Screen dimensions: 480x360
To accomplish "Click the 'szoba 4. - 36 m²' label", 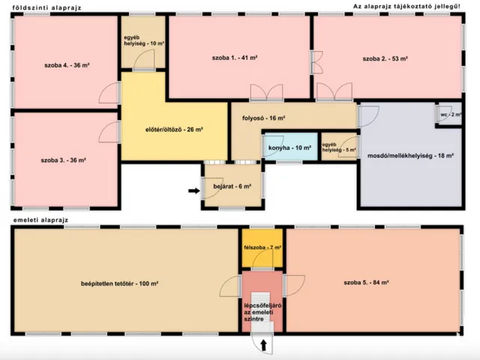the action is pyautogui.click(x=67, y=65).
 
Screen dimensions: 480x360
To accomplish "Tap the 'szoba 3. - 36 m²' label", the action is pyautogui.click(x=63, y=160).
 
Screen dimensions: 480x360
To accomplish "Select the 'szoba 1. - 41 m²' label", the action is pyautogui.click(x=235, y=58).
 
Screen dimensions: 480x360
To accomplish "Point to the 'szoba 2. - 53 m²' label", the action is pyautogui.click(x=385, y=58).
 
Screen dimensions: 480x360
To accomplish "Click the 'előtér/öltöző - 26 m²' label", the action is pyautogui.click(x=174, y=130).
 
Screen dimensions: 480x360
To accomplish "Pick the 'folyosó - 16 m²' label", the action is pyautogui.click(x=264, y=118).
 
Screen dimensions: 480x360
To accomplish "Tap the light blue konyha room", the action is pyautogui.click(x=290, y=147).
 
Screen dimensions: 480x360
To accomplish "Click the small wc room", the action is pyautogui.click(x=448, y=114).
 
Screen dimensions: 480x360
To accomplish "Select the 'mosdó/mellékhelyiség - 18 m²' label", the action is pyautogui.click(x=410, y=155).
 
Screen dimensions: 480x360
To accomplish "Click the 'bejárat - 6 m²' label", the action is pyautogui.click(x=232, y=186).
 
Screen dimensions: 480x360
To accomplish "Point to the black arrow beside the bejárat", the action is pyautogui.click(x=194, y=190).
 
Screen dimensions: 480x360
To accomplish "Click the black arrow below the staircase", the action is pyautogui.click(x=263, y=345).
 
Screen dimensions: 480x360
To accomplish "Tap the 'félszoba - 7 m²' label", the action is pyautogui.click(x=262, y=247).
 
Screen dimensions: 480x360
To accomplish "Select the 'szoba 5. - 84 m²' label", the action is pyautogui.click(x=366, y=282).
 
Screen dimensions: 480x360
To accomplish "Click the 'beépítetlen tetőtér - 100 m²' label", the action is pyautogui.click(x=119, y=283).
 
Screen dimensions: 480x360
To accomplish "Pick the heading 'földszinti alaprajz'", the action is pyautogui.click(x=47, y=8).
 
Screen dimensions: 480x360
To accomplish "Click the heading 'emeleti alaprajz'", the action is pyautogui.click(x=40, y=220).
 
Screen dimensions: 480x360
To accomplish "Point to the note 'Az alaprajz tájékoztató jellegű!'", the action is pyautogui.click(x=406, y=7).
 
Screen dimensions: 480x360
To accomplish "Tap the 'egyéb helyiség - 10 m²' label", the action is pyautogui.click(x=144, y=40).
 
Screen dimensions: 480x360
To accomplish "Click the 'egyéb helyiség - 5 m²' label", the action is pyautogui.click(x=339, y=147).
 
